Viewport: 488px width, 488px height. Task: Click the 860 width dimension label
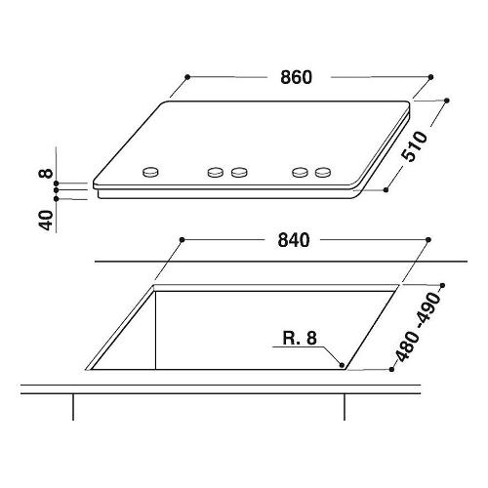pos(296,77)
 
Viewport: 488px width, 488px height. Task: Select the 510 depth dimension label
pos(414,146)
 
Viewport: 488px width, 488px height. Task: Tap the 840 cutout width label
pos(293,240)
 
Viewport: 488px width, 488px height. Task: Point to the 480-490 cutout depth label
pos(418,327)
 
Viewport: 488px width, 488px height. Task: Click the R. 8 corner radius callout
pos(300,338)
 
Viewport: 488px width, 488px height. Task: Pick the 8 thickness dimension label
pos(45,173)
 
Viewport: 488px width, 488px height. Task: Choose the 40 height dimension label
pos(46,221)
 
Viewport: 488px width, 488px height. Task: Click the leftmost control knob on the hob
pos(151,172)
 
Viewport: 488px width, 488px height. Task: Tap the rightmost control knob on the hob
pos(323,172)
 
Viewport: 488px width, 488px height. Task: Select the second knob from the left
pos(216,172)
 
